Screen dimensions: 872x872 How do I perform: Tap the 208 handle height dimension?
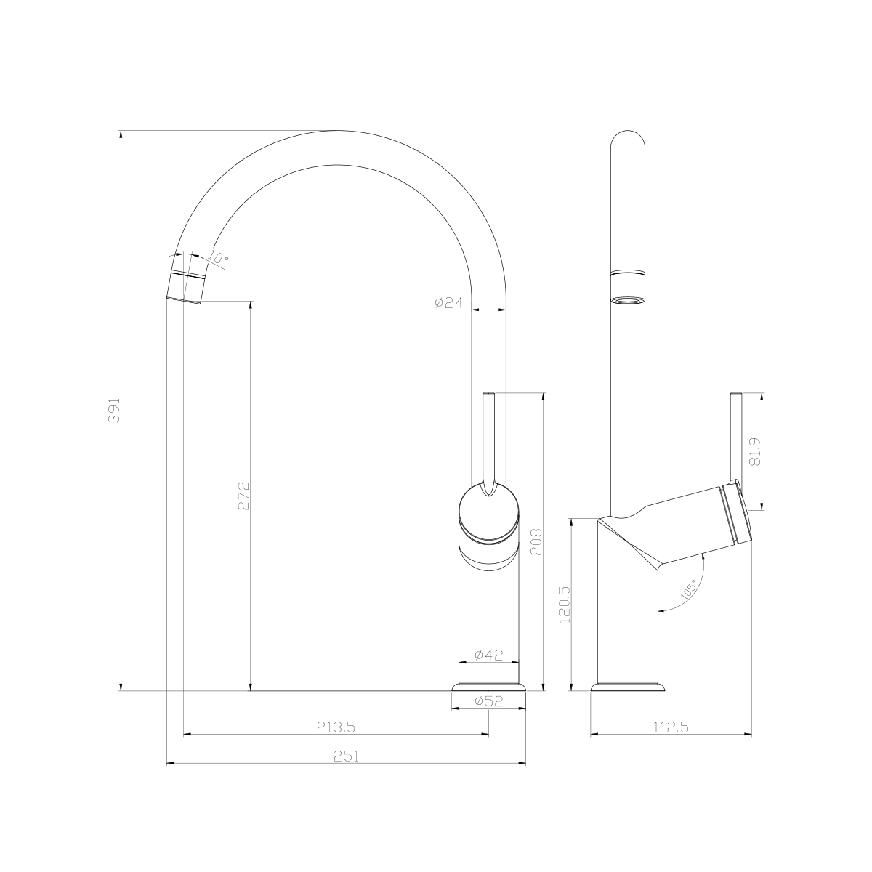(536, 541)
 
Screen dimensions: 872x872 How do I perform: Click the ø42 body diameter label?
(488, 655)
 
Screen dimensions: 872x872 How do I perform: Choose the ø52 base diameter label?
(488, 701)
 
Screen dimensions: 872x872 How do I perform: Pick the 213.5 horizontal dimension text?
(336, 726)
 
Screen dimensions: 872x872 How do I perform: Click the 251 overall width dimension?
(347, 756)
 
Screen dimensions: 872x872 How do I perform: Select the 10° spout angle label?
(219, 258)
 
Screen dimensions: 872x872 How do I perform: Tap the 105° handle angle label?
(689, 588)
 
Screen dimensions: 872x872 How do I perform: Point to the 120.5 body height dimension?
(565, 605)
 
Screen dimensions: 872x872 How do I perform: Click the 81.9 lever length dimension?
(754, 451)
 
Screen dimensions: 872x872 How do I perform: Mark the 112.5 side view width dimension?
(671, 726)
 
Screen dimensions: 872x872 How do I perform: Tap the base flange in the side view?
(628, 687)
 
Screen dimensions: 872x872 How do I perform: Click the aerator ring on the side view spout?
(628, 299)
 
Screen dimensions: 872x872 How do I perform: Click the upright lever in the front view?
(489, 436)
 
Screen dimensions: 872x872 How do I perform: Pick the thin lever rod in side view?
(735, 436)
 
